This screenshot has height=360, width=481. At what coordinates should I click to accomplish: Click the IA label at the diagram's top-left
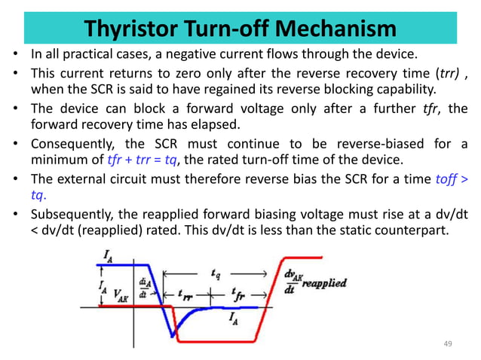coord(108,257)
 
